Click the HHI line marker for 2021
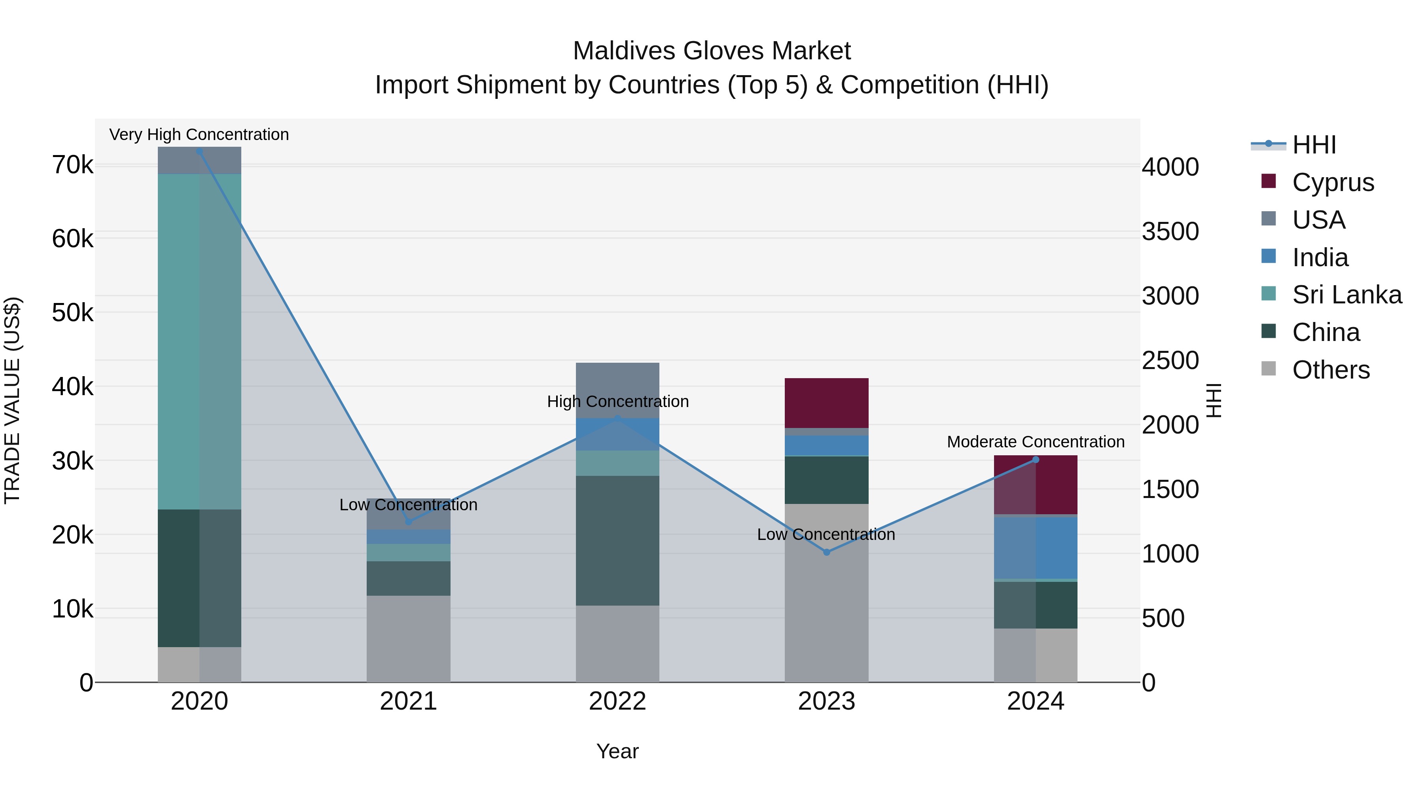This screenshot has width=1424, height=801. (x=409, y=521)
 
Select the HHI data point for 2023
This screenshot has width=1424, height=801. (x=826, y=552)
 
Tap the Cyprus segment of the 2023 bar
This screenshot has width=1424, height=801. (x=826, y=403)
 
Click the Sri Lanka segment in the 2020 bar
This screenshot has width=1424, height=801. (x=200, y=342)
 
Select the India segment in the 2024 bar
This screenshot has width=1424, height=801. (x=1036, y=548)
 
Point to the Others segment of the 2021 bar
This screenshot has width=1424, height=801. (x=409, y=638)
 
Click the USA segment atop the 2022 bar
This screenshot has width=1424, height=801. (x=617, y=381)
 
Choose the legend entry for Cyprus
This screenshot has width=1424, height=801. (x=1332, y=182)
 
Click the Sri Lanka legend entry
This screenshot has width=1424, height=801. (x=1346, y=295)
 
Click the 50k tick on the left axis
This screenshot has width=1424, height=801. (x=72, y=313)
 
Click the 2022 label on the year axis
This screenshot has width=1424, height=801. (x=617, y=701)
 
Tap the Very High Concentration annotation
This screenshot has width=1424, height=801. (x=199, y=134)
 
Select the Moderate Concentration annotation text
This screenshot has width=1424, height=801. (x=1036, y=442)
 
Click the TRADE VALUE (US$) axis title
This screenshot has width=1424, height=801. (x=12, y=400)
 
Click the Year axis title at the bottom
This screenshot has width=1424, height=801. (x=617, y=751)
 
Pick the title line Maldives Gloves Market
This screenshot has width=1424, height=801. (x=712, y=51)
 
